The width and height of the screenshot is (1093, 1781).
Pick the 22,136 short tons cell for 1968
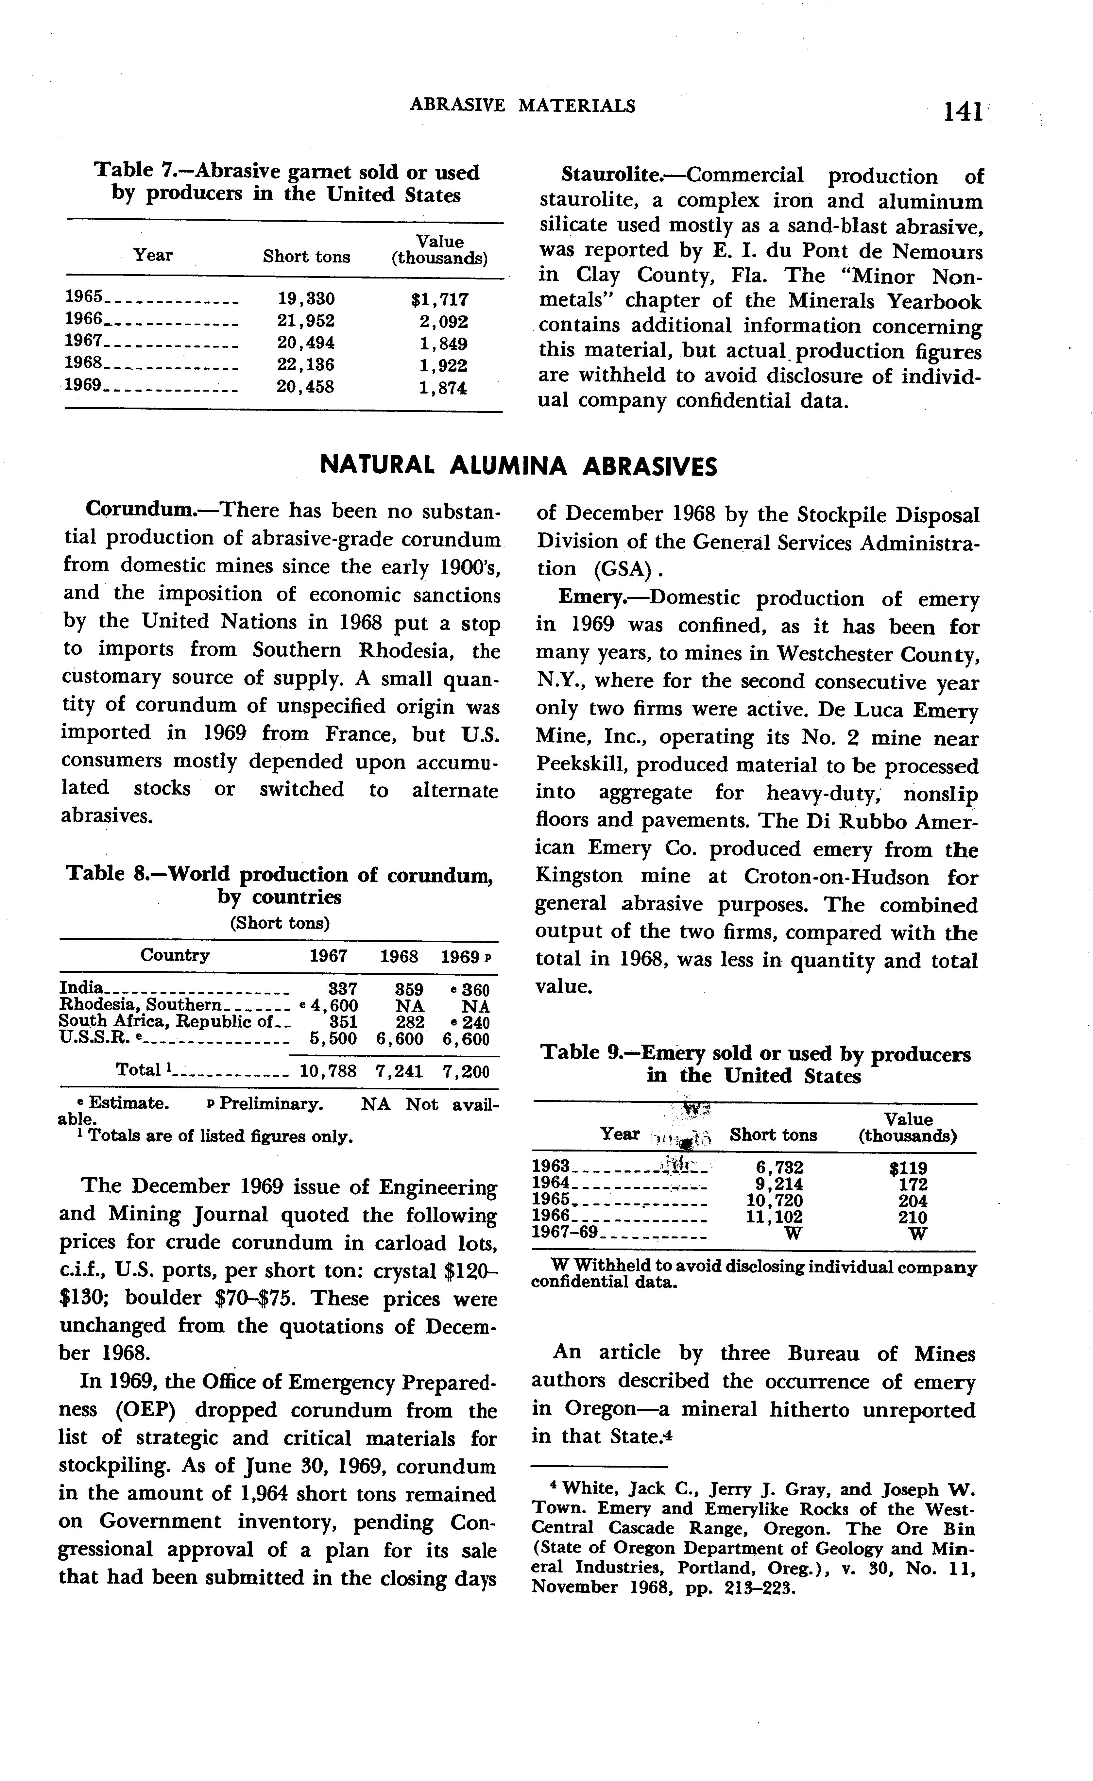pos(306,365)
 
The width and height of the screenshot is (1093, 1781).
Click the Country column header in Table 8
pos(175,956)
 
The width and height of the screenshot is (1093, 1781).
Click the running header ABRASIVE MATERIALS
pos(523,106)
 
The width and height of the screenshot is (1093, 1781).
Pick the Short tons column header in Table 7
pos(306,257)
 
